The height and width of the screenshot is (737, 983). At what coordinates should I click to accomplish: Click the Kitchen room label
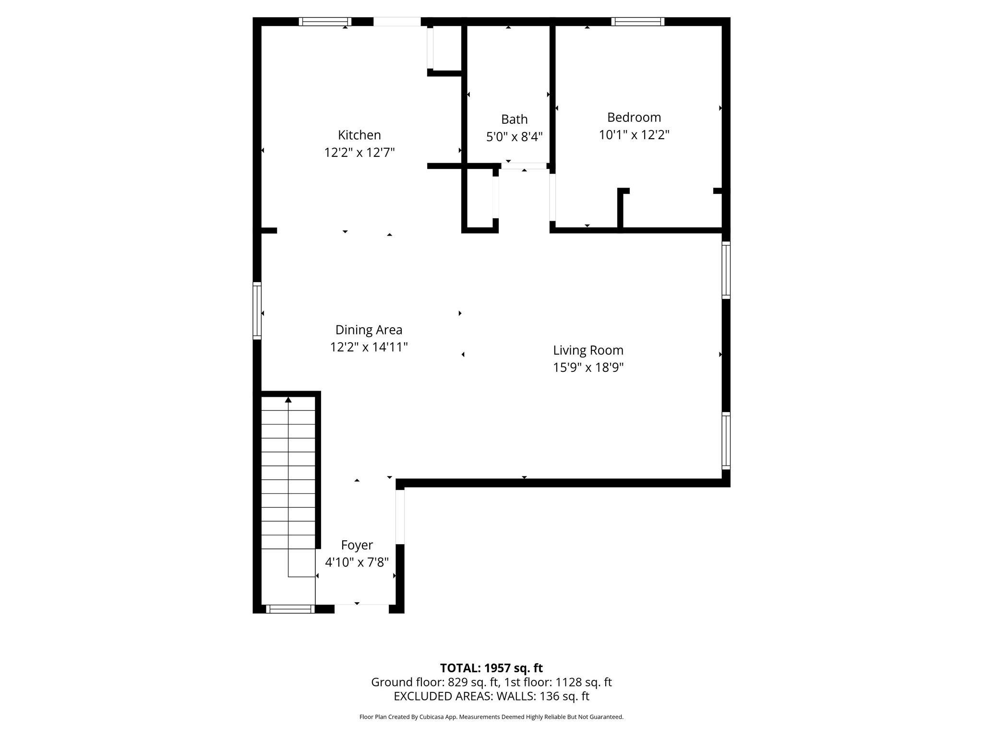[359, 135]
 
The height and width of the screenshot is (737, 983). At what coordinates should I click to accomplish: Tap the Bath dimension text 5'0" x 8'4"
[514, 137]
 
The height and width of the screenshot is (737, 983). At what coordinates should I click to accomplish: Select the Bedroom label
[634, 117]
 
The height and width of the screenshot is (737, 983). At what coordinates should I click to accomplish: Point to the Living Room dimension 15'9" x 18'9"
[588, 368]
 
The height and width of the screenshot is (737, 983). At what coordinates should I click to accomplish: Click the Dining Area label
[369, 330]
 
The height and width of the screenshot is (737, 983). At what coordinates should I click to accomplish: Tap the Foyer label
[357, 545]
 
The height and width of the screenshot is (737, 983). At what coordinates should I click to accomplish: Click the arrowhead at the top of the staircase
[288, 400]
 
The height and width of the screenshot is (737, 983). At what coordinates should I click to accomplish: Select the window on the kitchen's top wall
[325, 22]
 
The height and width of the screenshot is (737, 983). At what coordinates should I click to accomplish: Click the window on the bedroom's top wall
[637, 22]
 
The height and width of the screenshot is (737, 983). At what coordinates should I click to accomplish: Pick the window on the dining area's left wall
[257, 311]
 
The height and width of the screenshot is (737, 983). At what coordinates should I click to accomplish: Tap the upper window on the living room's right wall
[726, 270]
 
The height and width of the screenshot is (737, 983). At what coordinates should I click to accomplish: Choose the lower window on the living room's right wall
[726, 440]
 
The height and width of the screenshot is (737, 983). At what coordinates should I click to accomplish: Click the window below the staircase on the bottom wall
[290, 609]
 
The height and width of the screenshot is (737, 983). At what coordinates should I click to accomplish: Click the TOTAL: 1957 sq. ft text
[491, 668]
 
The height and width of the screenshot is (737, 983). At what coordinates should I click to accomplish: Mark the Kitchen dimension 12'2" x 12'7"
[359, 153]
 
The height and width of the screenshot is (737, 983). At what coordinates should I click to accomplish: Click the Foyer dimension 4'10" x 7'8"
[357, 562]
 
